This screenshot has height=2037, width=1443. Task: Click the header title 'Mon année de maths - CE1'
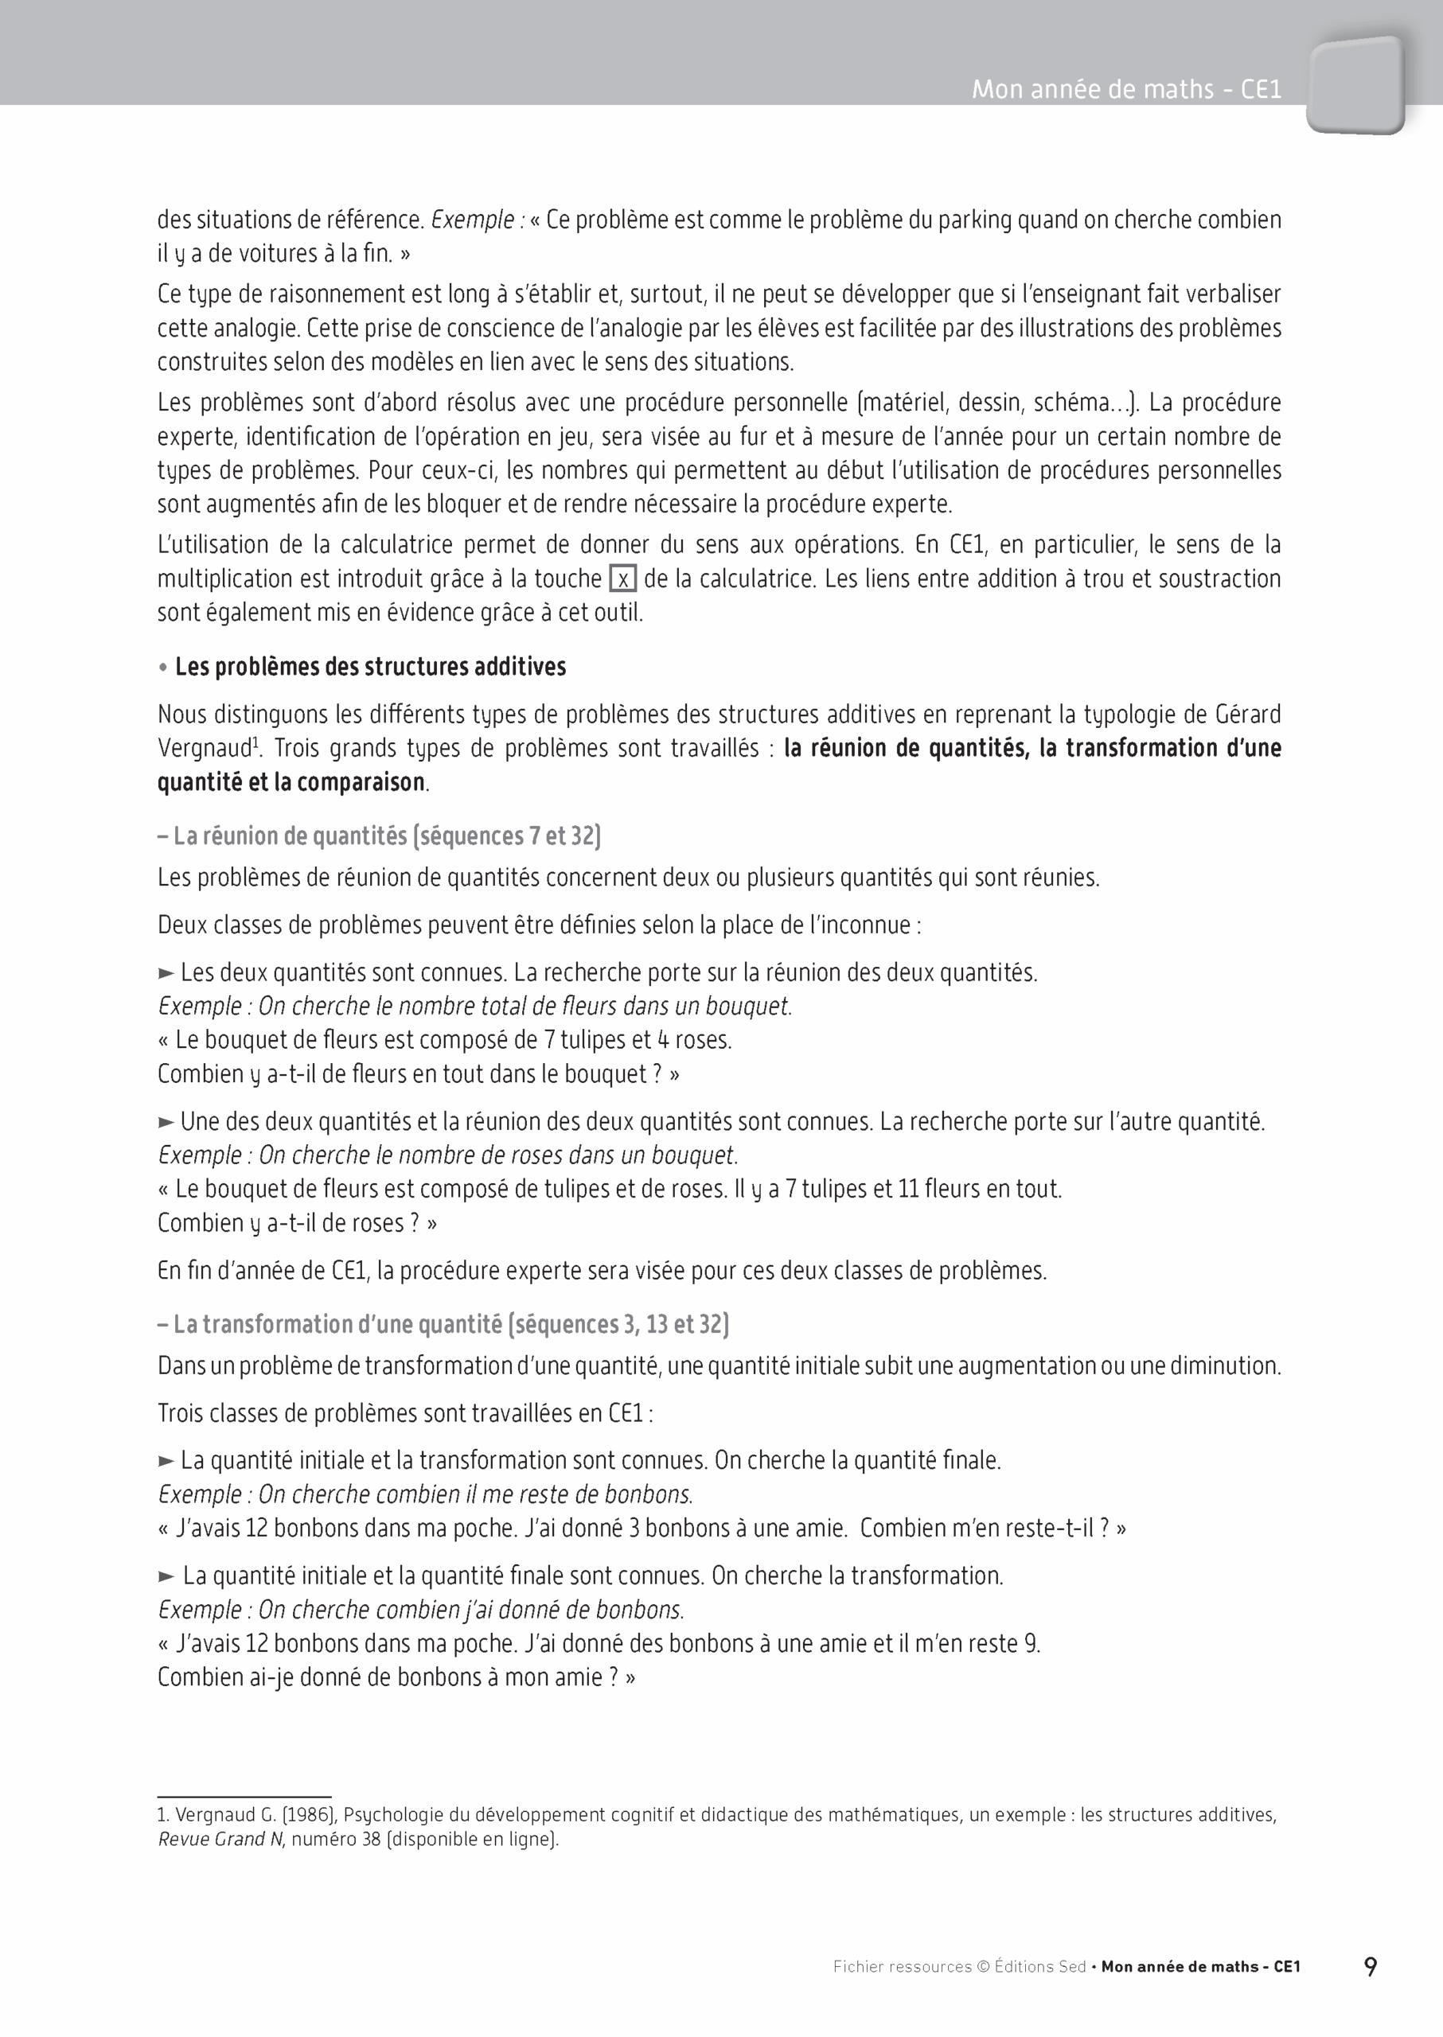(x=1125, y=89)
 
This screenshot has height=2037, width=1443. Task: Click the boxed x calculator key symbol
(x=623, y=579)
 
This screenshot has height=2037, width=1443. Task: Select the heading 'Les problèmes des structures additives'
(x=369, y=667)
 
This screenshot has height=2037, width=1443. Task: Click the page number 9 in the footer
(x=1370, y=1967)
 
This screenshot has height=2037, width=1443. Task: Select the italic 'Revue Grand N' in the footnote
(x=220, y=1839)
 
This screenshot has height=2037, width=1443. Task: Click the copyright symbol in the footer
(x=983, y=1967)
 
